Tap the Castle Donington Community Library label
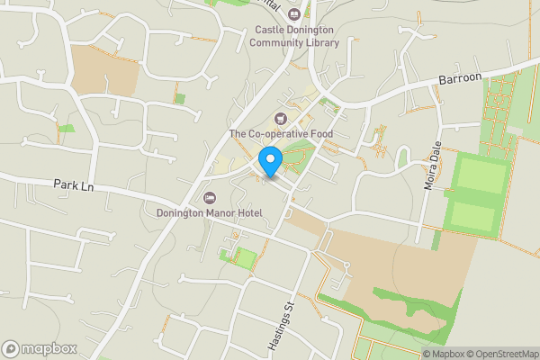point(293,36)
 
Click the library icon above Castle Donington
point(293,13)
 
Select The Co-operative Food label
point(281,134)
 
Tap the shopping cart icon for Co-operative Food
point(281,119)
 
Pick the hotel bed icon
point(210,197)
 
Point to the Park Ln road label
point(74,184)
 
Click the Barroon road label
point(461,79)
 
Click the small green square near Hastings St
point(242,258)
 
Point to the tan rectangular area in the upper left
point(103,69)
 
